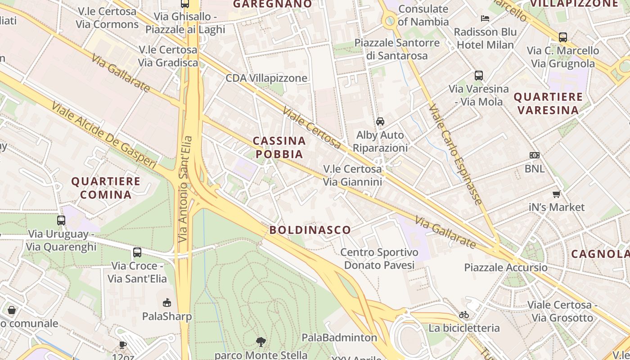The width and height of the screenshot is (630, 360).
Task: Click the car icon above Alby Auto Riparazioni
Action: (x=380, y=121)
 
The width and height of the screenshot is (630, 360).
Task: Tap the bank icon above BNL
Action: (x=535, y=155)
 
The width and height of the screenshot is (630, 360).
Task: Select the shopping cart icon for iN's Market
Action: (x=557, y=194)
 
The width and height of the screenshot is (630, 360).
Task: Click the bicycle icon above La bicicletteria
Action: (x=464, y=315)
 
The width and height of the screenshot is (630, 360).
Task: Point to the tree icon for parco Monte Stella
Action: (x=261, y=342)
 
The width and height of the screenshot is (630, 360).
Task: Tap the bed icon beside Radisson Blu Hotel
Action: (x=485, y=18)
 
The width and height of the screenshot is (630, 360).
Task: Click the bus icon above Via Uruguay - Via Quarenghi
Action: (x=61, y=220)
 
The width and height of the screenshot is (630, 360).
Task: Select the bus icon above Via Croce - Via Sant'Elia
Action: (x=137, y=252)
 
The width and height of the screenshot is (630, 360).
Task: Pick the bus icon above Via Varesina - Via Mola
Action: (x=479, y=76)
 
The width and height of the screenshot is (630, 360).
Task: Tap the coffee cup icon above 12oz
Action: (x=122, y=345)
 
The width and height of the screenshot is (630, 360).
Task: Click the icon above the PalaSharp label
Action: (x=167, y=302)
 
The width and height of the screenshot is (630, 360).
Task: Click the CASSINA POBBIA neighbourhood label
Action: (x=279, y=148)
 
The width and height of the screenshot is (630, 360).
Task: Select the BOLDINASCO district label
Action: (x=310, y=230)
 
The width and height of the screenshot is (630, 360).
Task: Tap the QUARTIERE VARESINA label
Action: (x=548, y=103)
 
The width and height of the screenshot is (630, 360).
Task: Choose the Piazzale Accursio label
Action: (x=506, y=267)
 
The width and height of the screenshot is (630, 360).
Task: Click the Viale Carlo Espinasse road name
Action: (x=455, y=154)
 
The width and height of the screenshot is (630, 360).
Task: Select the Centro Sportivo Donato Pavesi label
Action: (x=379, y=259)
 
